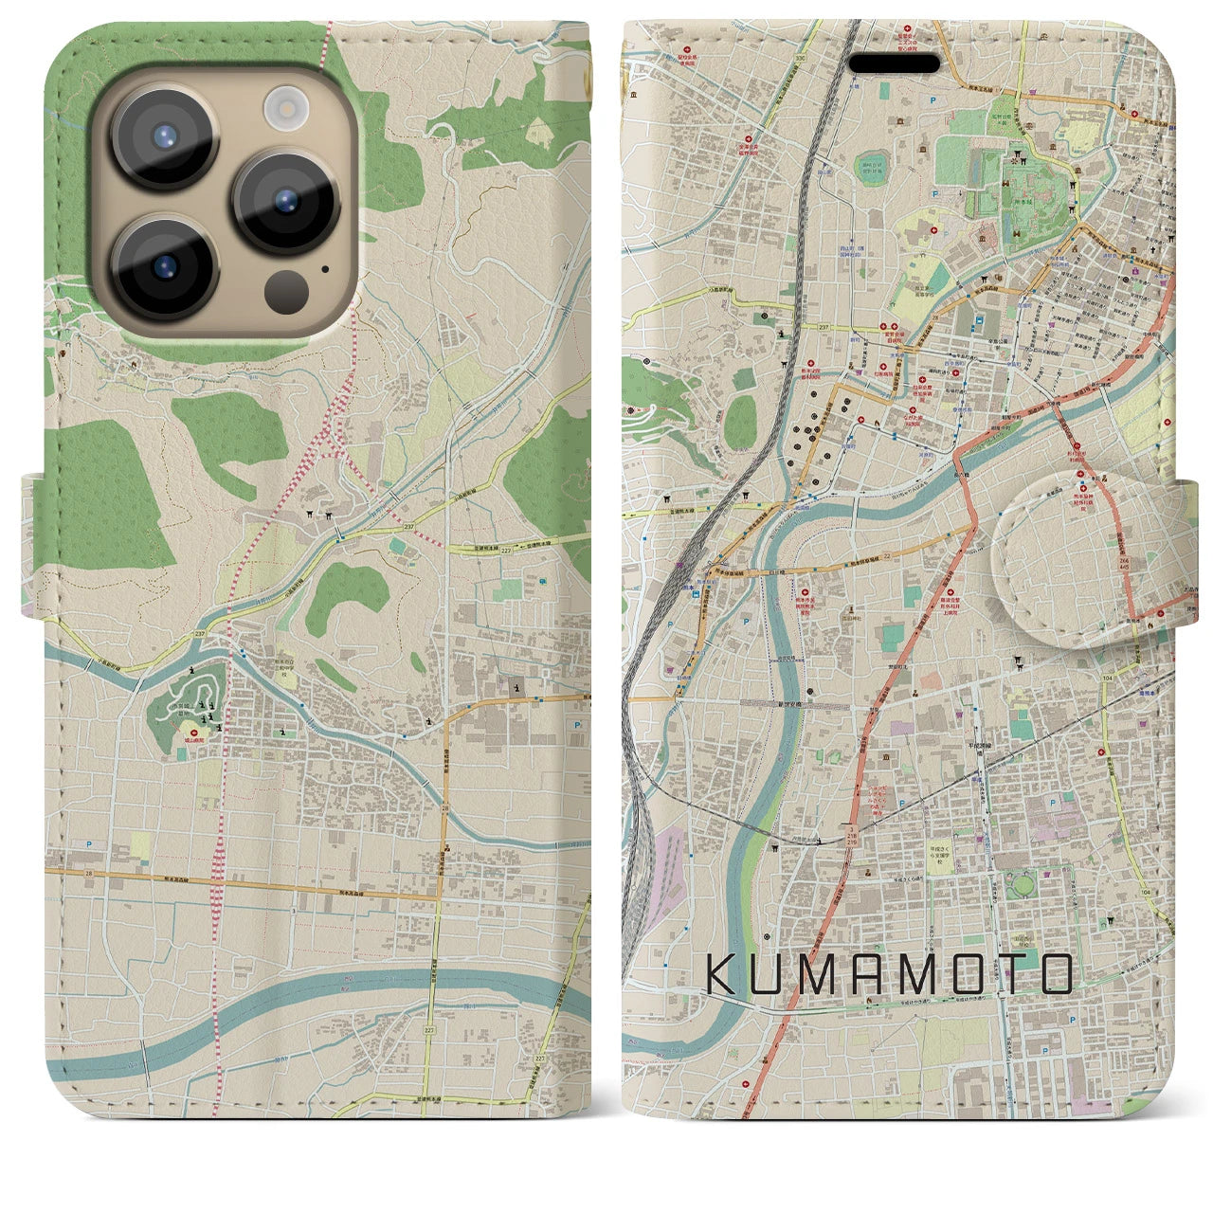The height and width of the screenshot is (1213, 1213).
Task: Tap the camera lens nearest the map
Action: [286, 200]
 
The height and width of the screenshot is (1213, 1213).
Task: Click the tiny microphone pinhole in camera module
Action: [325, 268]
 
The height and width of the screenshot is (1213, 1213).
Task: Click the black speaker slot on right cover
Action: [894, 63]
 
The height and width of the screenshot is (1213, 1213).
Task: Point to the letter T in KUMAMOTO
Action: [1004, 974]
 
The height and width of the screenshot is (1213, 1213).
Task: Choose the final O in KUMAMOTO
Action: [1052, 974]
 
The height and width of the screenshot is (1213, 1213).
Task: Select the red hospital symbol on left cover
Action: [196, 733]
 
